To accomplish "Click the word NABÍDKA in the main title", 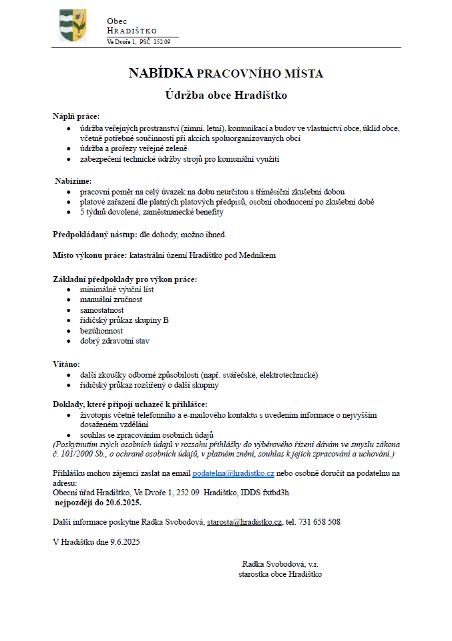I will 161,74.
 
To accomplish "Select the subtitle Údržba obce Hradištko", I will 226,96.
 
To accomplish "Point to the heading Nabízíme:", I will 73,181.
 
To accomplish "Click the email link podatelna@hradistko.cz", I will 233,473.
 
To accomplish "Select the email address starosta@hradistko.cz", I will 245,521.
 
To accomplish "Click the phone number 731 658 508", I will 318,521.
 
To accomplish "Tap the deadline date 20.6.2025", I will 120,502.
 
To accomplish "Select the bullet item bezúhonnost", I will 101,330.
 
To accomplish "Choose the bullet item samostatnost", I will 102,310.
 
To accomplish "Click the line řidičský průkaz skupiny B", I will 124,320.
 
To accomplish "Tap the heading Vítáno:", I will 66,364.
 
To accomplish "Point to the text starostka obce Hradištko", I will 280,574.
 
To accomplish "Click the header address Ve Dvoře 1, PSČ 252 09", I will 139,42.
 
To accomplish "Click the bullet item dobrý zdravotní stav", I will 114,341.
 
